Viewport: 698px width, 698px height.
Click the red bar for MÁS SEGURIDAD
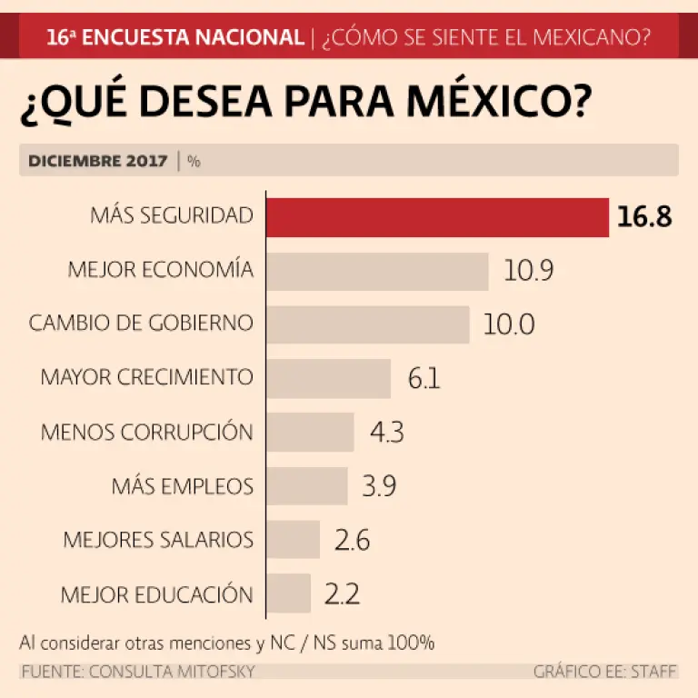click(437, 217)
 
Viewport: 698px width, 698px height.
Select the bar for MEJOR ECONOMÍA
click(377, 271)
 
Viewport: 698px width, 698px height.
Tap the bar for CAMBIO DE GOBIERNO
click(367, 324)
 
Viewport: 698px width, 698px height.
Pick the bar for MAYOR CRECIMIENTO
click(328, 378)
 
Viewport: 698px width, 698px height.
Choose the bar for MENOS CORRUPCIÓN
click(310, 432)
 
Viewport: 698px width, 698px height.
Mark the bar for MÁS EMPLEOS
click(307, 485)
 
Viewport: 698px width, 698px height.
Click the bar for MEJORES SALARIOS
click(293, 539)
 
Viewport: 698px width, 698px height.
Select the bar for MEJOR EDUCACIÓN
click(289, 593)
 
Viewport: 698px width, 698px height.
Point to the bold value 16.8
click(644, 218)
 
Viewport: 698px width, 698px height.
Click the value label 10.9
click(529, 271)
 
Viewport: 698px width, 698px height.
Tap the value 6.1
click(424, 378)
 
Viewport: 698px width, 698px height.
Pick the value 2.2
click(342, 593)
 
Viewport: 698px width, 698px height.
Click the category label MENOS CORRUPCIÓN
click(146, 432)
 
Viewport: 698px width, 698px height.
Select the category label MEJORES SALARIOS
click(158, 539)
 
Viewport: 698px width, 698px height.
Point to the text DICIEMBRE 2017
click(98, 161)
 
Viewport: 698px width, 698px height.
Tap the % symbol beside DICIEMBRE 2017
click(194, 161)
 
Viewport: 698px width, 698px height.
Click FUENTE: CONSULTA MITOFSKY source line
click(137, 672)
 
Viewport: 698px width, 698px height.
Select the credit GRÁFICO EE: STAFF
click(605, 672)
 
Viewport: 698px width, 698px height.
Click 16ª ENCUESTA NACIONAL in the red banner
click(174, 37)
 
